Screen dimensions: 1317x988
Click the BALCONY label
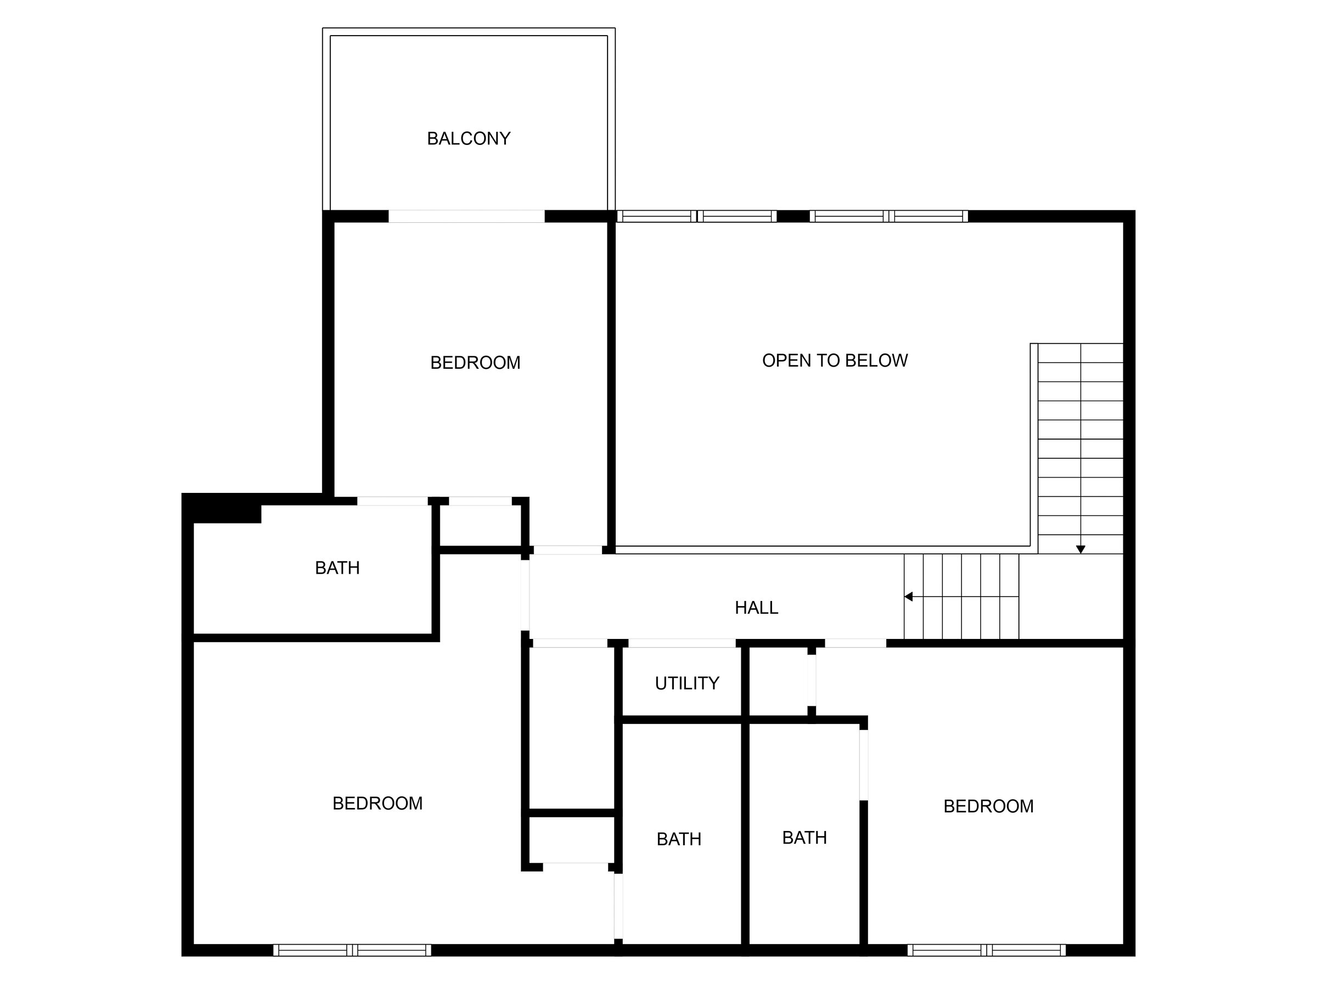pos(469,139)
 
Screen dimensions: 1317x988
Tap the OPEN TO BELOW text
pos(835,360)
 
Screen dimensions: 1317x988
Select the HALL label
pos(756,608)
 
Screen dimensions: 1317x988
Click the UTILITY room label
pos(687,683)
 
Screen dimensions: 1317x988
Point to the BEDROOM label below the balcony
pos(475,363)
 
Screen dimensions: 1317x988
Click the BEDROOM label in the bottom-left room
pos(378,804)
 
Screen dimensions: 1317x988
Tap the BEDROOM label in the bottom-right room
pos(988,806)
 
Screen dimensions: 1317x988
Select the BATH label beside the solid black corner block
pos(337,568)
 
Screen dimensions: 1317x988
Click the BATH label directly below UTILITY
pos(679,839)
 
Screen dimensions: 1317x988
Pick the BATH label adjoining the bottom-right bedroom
pos(804,838)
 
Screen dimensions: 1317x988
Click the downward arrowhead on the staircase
pos(1080,549)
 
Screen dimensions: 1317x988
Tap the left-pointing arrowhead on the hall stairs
pos(909,596)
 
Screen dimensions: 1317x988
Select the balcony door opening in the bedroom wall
pos(466,216)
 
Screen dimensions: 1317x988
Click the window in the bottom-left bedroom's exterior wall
pos(352,950)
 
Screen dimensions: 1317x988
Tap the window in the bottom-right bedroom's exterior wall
pos(987,950)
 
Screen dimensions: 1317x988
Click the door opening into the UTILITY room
pos(682,643)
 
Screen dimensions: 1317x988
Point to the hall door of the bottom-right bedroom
pos(855,643)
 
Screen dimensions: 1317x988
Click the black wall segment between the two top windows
pos(793,216)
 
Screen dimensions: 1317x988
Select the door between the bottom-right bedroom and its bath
pos(863,765)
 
